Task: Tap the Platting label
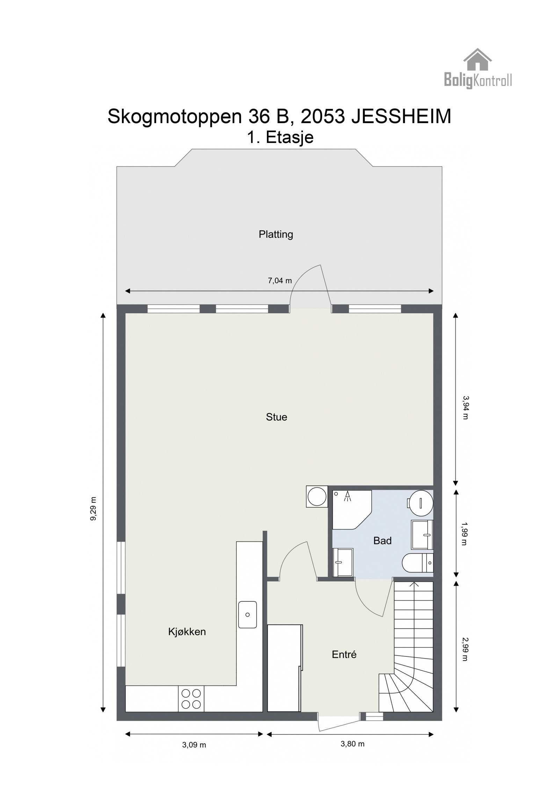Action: [276, 234]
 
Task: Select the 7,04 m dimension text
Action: [279, 280]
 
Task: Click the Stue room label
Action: [276, 417]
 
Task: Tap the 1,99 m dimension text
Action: [464, 534]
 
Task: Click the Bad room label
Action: [382, 541]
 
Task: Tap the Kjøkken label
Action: [187, 631]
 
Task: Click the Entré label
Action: [344, 654]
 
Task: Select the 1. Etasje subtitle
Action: [280, 137]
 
